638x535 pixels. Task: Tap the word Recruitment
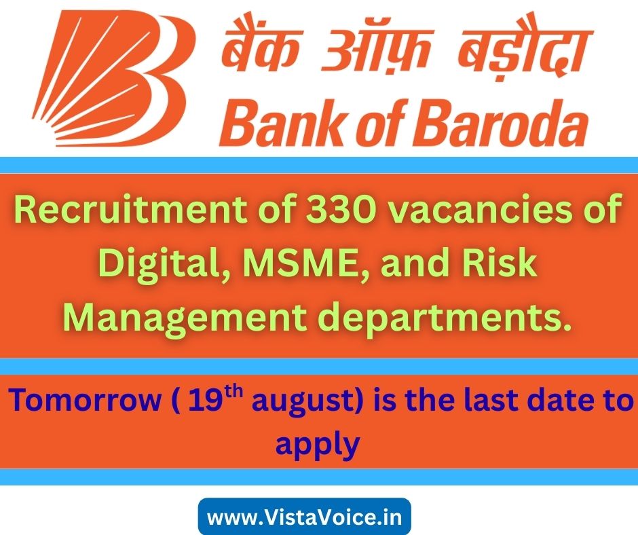pyautogui.click(x=131, y=210)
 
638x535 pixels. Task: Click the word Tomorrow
pyautogui.click(x=86, y=401)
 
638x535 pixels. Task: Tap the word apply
pyautogui.click(x=318, y=444)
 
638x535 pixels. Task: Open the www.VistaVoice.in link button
pyautogui.click(x=304, y=517)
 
